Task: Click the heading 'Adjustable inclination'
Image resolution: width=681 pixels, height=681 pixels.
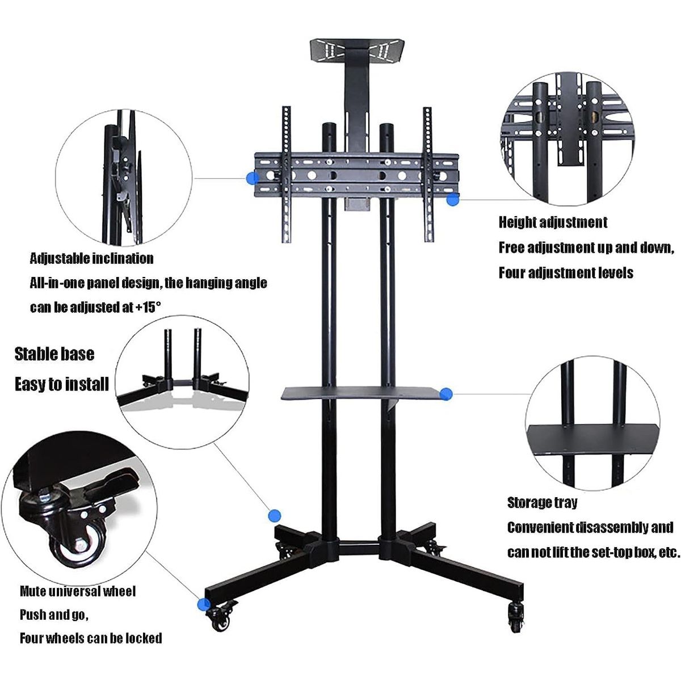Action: point(91,259)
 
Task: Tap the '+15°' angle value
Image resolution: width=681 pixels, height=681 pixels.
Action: point(148,308)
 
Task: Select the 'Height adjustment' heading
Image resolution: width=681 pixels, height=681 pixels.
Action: point(553,222)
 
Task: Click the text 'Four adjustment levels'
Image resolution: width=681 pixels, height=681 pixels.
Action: point(566,273)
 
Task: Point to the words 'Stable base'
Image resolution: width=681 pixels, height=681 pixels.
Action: point(54,354)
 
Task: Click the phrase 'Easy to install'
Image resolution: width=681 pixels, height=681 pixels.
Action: point(61,384)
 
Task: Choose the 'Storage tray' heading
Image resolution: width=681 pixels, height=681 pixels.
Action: point(542,502)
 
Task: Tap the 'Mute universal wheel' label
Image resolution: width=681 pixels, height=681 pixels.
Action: point(78,591)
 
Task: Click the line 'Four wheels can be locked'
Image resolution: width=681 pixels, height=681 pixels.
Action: point(91,638)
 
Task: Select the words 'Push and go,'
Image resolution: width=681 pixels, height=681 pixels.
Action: point(54,615)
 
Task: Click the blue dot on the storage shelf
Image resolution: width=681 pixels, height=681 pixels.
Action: point(446,393)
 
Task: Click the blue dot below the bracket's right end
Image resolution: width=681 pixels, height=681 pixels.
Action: point(452,199)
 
